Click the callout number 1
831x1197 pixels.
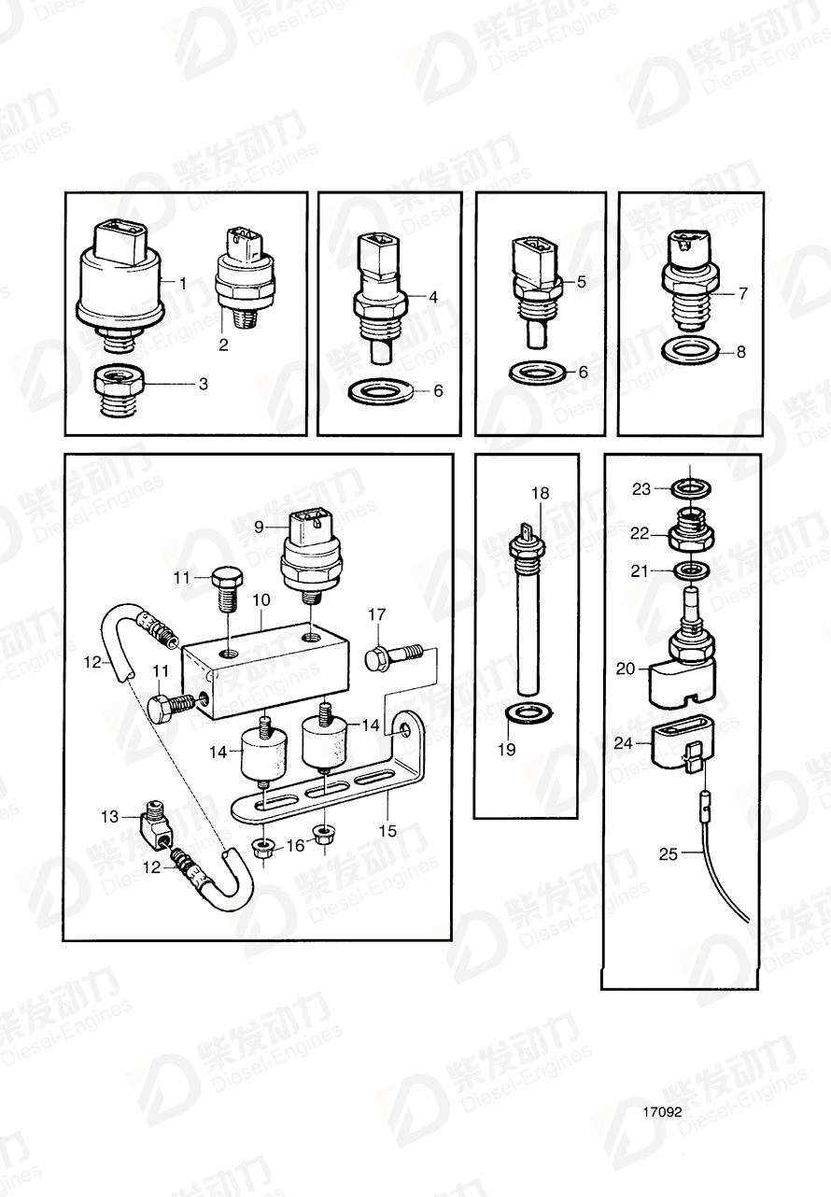pyautogui.click(x=183, y=282)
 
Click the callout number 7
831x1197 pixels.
pyautogui.click(x=743, y=293)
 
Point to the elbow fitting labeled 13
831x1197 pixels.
pyautogui.click(x=152, y=821)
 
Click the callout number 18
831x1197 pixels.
pyautogui.click(x=541, y=492)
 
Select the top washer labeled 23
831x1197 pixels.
pyautogui.click(x=689, y=487)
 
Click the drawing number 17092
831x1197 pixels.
pyautogui.click(x=662, y=1113)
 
